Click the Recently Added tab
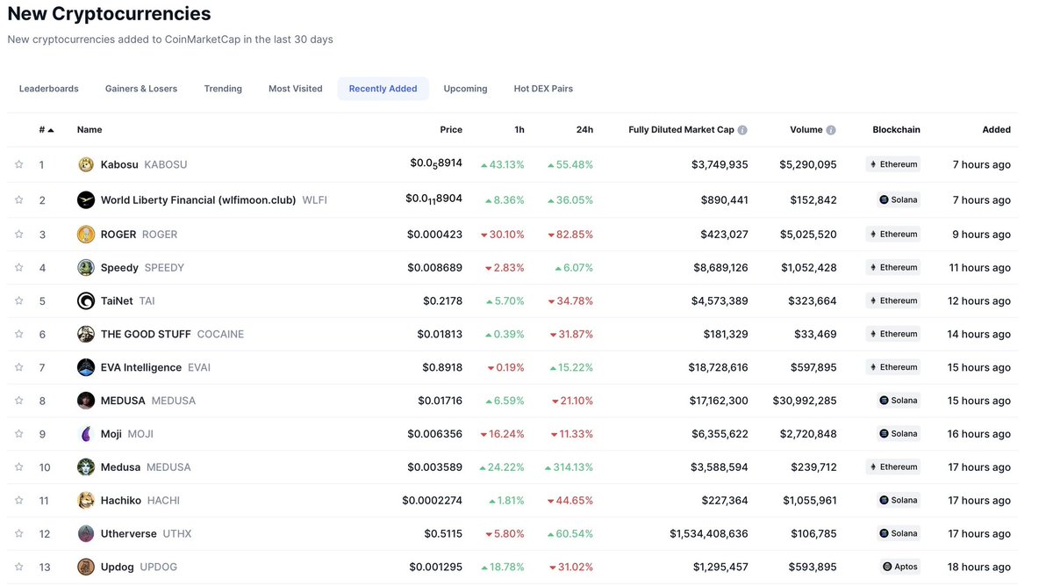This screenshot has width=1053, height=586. (x=383, y=89)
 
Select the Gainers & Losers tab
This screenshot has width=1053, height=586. (x=141, y=89)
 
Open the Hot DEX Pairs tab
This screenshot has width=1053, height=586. (x=543, y=89)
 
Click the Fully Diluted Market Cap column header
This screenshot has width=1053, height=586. (x=681, y=130)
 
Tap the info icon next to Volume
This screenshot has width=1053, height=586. (x=831, y=130)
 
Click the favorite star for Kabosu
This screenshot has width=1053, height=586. (x=18, y=164)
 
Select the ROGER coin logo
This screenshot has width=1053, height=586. (x=86, y=235)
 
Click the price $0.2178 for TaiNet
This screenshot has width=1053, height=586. (x=442, y=301)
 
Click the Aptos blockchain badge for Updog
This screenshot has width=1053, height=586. (x=900, y=567)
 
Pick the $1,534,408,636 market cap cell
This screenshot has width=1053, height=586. (x=709, y=534)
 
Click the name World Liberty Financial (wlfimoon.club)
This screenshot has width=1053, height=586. (x=198, y=200)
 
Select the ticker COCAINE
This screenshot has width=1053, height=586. (x=220, y=335)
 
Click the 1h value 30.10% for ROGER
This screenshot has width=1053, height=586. (x=506, y=235)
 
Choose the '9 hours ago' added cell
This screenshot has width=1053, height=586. (x=981, y=235)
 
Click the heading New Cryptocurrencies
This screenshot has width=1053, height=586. (x=110, y=14)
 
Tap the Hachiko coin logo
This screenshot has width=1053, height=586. (x=86, y=501)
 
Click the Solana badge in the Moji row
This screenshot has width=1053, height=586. (x=899, y=434)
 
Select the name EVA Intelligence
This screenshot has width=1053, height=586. (x=141, y=368)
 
